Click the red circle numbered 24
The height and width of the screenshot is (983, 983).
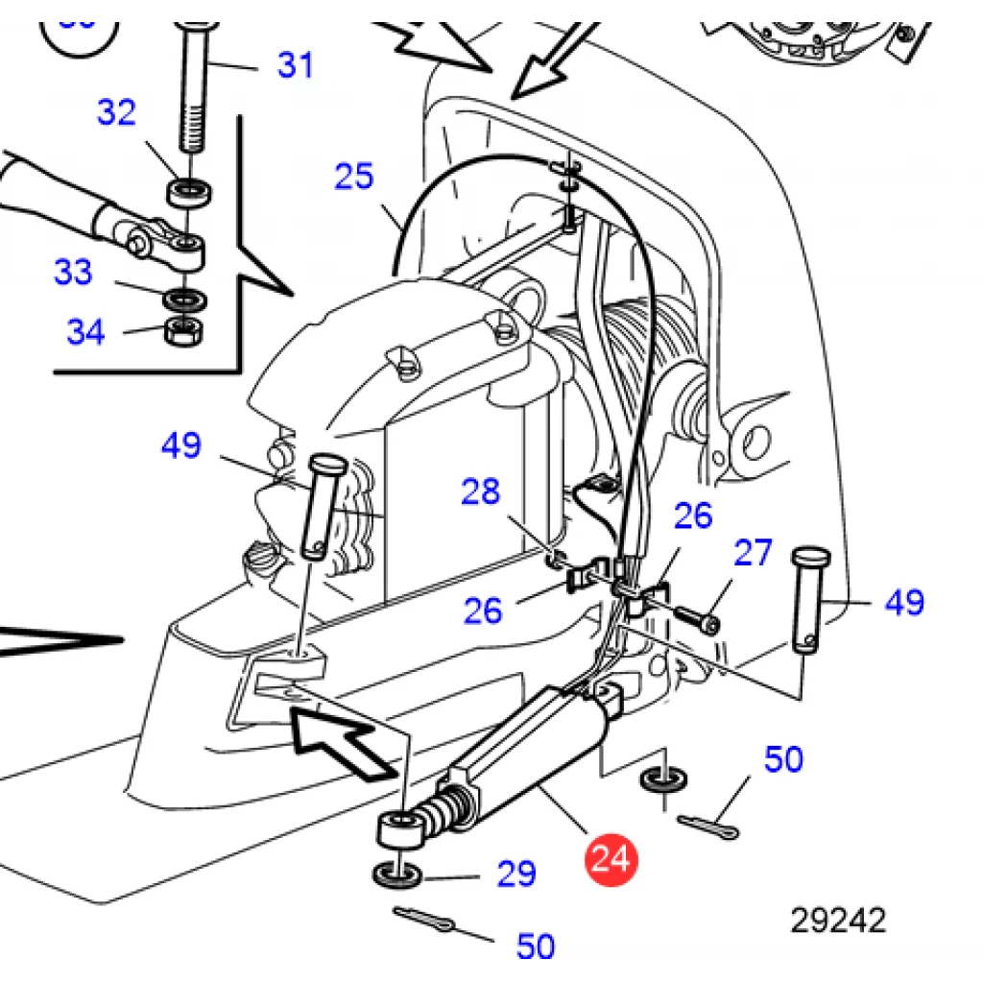tap(611, 859)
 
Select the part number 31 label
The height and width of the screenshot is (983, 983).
tap(295, 65)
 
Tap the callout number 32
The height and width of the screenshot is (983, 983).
tap(116, 113)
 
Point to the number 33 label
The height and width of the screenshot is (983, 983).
tap(73, 272)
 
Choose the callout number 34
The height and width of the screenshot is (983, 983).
tap(85, 331)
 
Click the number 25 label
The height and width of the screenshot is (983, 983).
tap(353, 177)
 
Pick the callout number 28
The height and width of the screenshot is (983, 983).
tap(480, 491)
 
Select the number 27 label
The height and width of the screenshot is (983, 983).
tap(753, 553)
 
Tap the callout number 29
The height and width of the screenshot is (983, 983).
tap(516, 874)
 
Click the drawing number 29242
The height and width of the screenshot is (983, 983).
tap(838, 921)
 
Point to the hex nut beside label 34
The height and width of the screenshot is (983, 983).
tap(183, 331)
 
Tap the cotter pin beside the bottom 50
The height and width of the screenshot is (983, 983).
tap(423, 919)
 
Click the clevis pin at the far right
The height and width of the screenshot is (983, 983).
tap(809, 600)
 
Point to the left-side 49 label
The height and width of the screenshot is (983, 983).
tap(181, 445)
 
